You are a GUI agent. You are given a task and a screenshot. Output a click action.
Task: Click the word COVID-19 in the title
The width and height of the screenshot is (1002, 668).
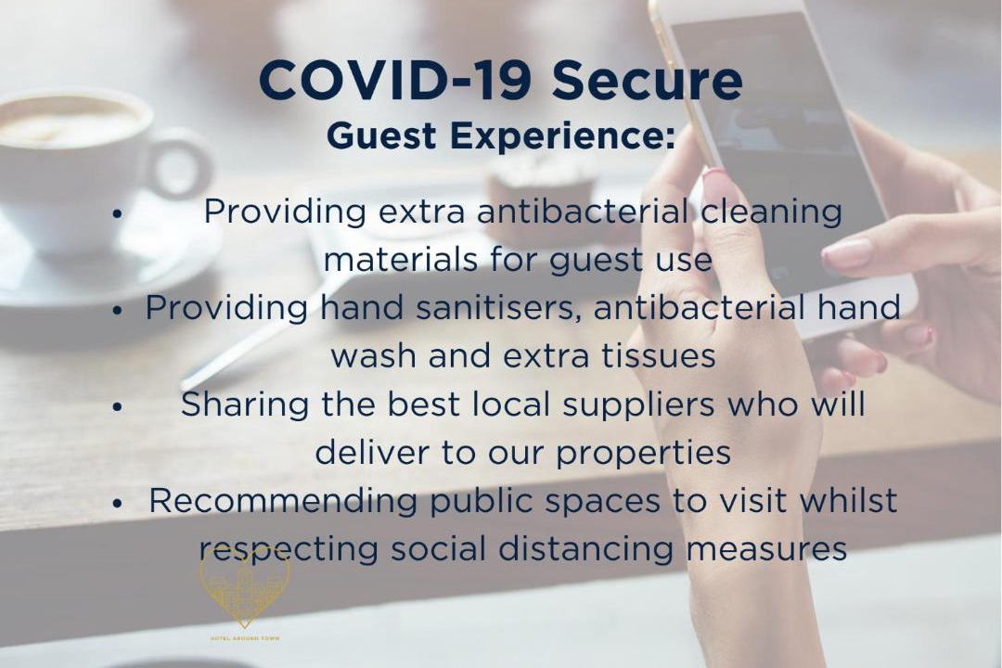pyautogui.click(x=395, y=80)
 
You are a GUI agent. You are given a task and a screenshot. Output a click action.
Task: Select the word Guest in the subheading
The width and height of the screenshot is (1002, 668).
pyautogui.click(x=381, y=135)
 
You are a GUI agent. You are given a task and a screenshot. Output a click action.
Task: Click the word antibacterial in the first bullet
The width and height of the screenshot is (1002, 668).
pyautogui.click(x=583, y=211)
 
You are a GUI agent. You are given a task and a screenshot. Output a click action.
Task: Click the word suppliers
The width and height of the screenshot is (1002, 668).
pyautogui.click(x=629, y=405)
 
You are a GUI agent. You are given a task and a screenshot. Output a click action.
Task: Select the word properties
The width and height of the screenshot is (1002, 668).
pyautogui.click(x=643, y=453)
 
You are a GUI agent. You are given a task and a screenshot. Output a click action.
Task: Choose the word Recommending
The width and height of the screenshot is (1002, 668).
pyautogui.click(x=283, y=501)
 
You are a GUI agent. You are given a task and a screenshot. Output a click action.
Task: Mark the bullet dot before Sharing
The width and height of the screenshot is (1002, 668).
pyautogui.click(x=116, y=407)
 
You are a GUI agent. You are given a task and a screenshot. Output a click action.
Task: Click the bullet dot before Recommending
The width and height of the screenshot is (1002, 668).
pyautogui.click(x=116, y=504)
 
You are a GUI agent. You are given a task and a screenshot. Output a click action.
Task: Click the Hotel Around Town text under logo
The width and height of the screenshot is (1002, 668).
pyautogui.click(x=245, y=638)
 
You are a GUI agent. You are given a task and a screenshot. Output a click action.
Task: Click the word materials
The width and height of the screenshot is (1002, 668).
pyautogui.click(x=400, y=260)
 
